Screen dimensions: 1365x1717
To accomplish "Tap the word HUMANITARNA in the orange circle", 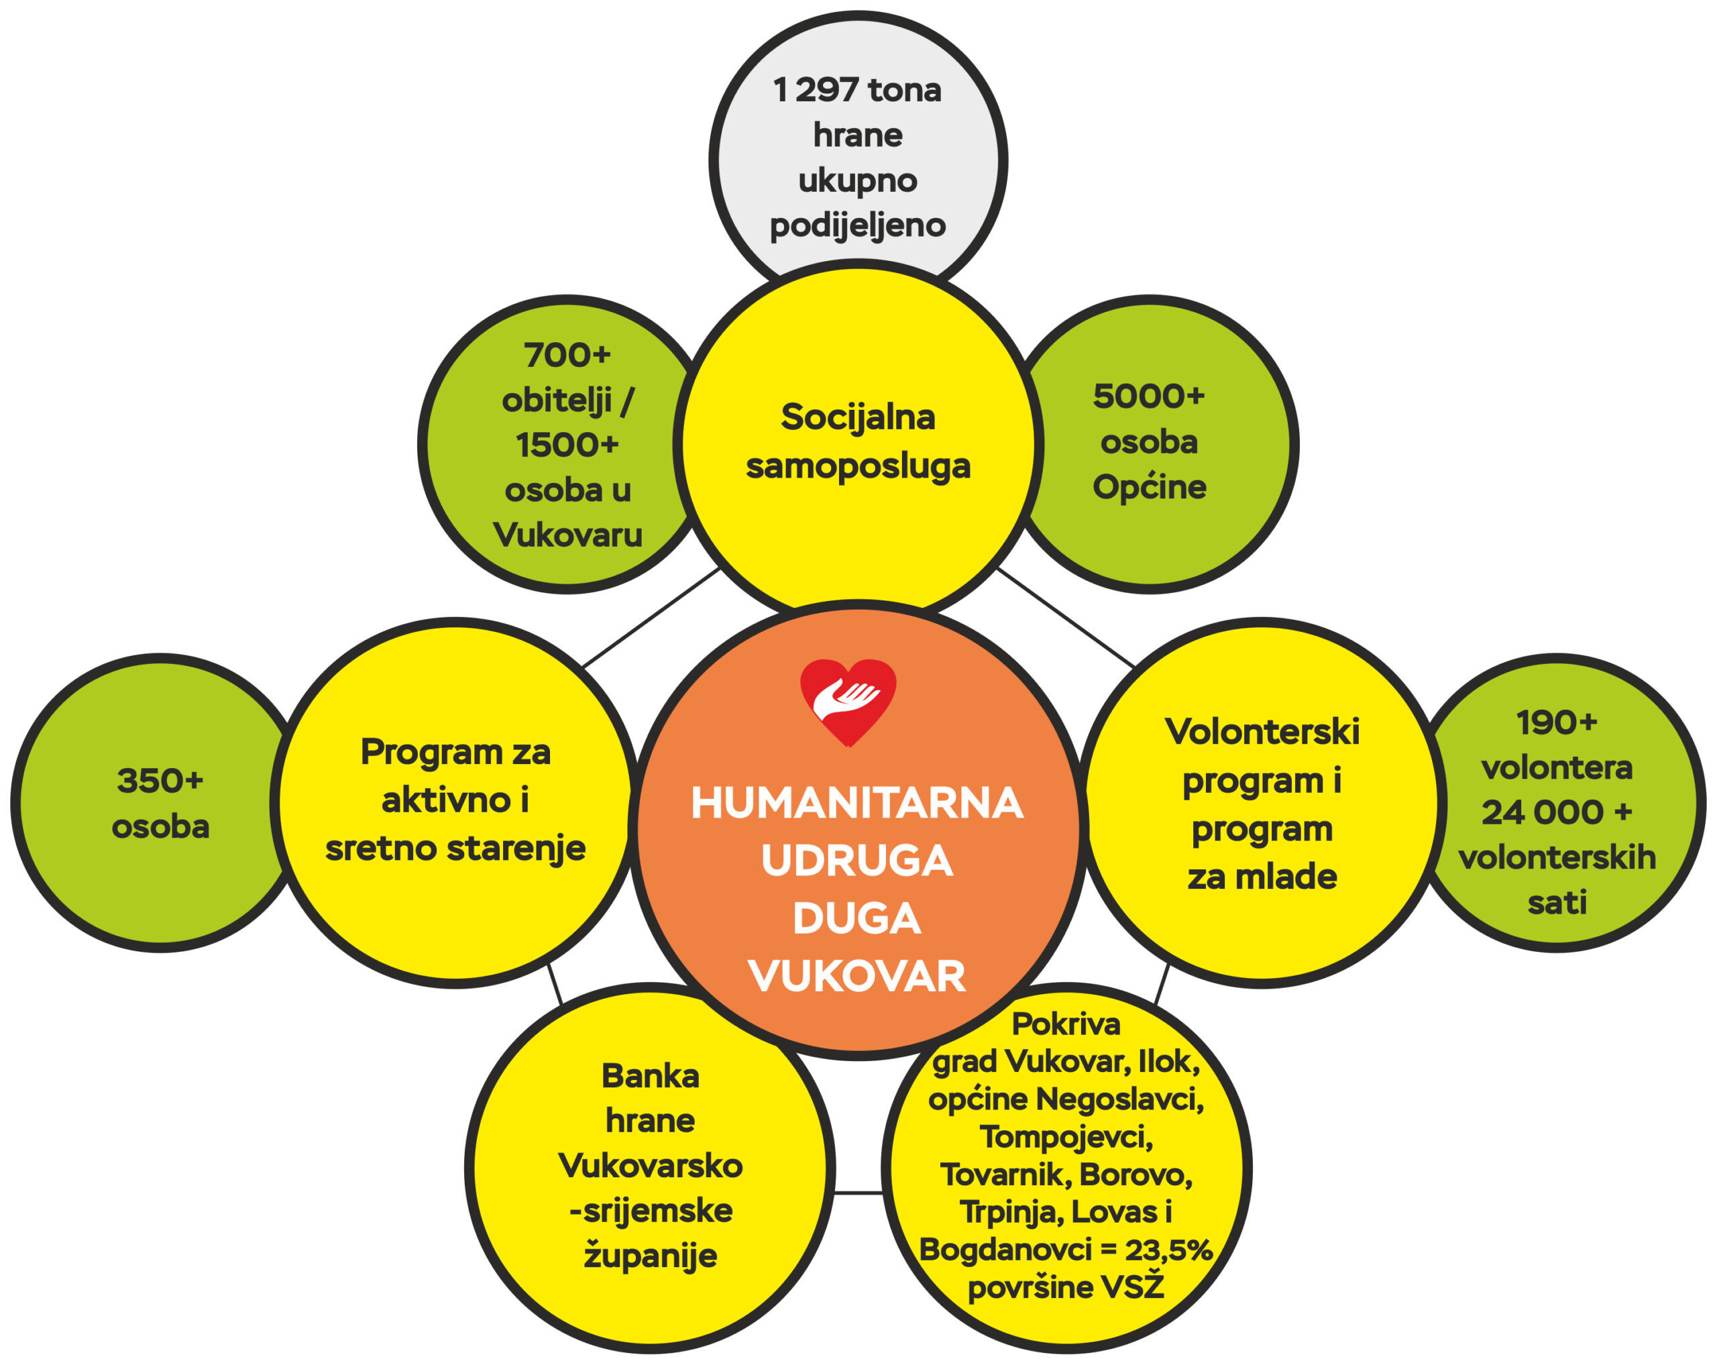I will [x=857, y=803].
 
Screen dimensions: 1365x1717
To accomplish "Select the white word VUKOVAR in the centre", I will [x=857, y=977].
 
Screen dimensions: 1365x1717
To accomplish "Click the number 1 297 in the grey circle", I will [x=816, y=90].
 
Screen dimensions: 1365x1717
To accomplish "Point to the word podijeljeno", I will [x=857, y=225].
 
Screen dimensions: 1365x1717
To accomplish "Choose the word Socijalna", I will [x=857, y=417].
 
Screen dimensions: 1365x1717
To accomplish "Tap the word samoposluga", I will [x=857, y=466].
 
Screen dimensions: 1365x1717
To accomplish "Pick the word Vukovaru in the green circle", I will [x=567, y=535].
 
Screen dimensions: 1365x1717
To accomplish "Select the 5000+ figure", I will [x=1148, y=396].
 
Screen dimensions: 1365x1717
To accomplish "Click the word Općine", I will [x=1148, y=486].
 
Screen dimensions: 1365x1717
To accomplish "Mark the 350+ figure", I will [x=160, y=781].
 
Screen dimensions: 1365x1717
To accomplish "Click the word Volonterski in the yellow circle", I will [x=1262, y=732].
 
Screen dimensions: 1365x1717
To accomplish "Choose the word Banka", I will [x=650, y=1076].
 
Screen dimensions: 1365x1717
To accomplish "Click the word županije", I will [x=650, y=1256].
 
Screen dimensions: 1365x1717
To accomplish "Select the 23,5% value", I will [x=1168, y=1250].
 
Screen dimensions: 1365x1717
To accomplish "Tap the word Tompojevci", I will [x=1066, y=1136].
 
